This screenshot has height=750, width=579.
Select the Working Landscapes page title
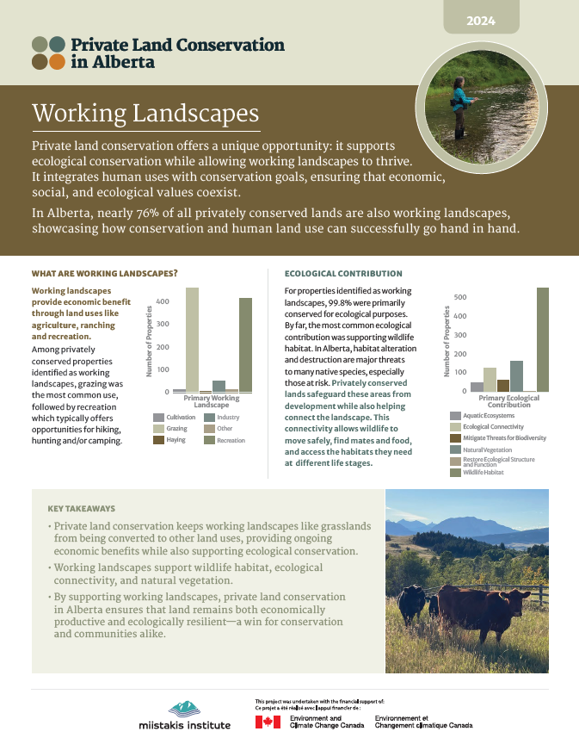[145, 114]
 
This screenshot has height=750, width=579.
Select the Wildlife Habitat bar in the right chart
[542, 340]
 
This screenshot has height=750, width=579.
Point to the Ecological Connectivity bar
[490, 380]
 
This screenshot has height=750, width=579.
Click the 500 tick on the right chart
[459, 298]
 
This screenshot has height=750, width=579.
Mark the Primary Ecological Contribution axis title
[503, 401]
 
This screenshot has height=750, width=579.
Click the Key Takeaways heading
[82, 509]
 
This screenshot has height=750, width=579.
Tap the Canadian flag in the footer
[268, 722]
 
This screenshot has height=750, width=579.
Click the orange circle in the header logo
[57, 61]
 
